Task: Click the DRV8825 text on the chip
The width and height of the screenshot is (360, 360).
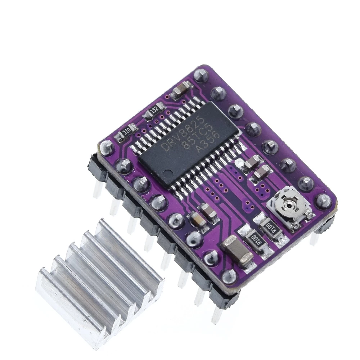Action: pos(176,134)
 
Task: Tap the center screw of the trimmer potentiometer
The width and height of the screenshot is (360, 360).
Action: pos(289,206)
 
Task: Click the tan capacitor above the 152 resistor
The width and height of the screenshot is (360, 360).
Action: pos(179,90)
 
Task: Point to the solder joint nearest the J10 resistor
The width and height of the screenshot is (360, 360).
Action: pos(107,147)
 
